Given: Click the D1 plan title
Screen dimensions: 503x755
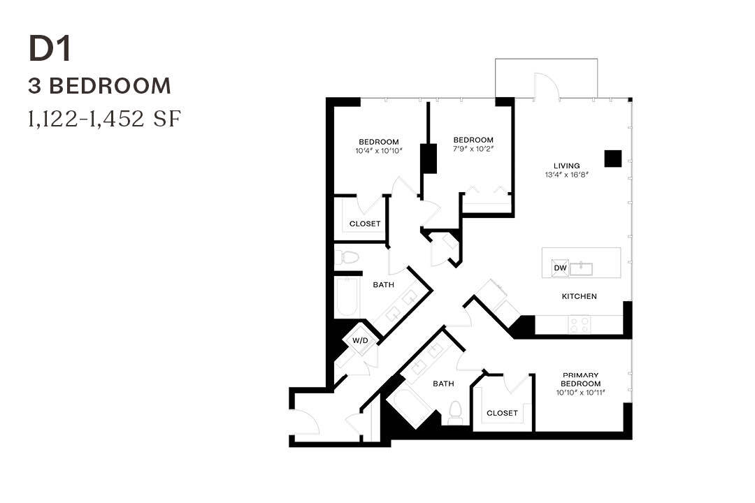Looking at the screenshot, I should (50, 49).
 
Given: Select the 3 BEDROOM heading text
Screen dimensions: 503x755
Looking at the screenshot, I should (99, 86).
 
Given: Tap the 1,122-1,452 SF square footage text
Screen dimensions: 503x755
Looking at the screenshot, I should (104, 119).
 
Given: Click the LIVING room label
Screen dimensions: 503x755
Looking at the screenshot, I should (566, 166).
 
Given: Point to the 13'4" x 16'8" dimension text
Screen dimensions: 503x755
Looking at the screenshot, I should (566, 175).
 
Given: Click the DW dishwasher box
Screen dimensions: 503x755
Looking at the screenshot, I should (560, 268).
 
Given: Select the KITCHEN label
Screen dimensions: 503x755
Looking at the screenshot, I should (580, 296).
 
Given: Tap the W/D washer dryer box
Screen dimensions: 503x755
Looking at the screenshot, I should (360, 340).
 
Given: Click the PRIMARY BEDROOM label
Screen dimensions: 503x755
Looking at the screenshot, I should (581, 379).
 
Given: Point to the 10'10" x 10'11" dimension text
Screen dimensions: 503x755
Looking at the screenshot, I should (581, 393).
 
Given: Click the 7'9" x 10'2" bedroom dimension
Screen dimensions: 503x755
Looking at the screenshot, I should (473, 149).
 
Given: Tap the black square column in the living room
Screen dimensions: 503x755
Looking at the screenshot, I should (612, 159).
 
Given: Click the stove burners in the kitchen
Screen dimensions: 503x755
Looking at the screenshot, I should (580, 324).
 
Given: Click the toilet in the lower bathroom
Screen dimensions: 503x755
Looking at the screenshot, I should (455, 411).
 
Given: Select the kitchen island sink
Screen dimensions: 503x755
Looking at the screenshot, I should (581, 268).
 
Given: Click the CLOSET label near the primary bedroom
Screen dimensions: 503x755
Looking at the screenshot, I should (502, 413).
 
